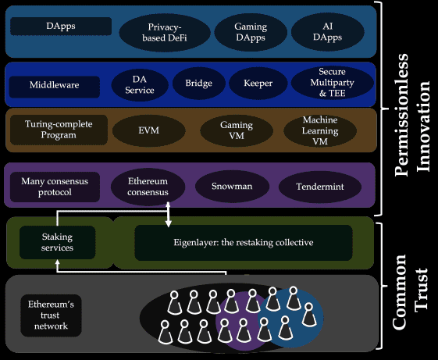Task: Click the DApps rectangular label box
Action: tap(61, 26)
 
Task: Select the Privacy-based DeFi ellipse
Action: tap(165, 33)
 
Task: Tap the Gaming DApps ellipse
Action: tap(251, 32)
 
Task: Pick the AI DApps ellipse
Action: tap(327, 31)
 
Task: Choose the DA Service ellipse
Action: tap(140, 84)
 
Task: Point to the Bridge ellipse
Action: tap(198, 83)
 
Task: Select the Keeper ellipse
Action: tap(258, 83)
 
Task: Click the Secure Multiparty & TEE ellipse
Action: tap(332, 83)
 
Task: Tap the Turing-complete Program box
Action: tap(59, 130)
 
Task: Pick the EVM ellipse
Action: tap(148, 130)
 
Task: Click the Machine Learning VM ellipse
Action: tap(320, 130)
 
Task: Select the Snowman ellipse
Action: tap(232, 186)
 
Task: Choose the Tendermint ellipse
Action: tap(320, 187)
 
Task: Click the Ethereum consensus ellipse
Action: tap(148, 187)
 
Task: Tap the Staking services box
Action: tap(57, 242)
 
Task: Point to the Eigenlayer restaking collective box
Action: tap(244, 243)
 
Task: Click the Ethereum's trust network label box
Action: tap(51, 315)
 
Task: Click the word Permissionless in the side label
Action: tap(401, 115)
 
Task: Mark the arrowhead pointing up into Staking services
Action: tap(58, 262)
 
